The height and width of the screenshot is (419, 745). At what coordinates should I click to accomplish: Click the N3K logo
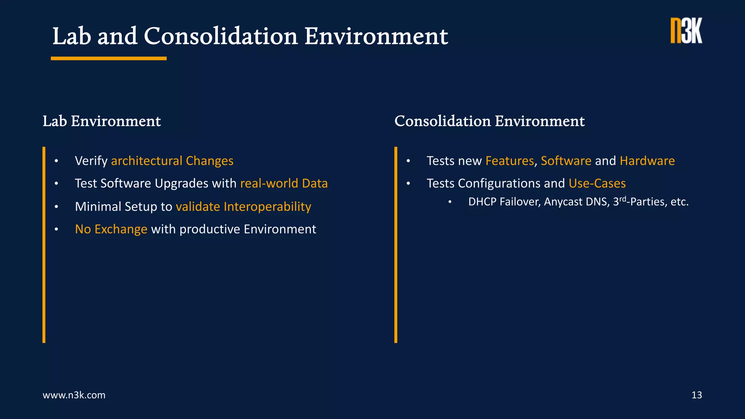coord(686,31)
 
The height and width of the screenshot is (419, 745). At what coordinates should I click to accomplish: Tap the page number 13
coord(696,395)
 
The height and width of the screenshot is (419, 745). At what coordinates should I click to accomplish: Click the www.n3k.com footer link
coord(74,395)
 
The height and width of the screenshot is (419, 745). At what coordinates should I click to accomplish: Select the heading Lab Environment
coord(101,121)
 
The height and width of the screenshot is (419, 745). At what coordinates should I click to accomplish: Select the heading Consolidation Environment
coord(489,121)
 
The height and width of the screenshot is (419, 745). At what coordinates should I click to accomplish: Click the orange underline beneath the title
coord(108,58)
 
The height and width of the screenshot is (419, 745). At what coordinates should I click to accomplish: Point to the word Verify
coord(91,161)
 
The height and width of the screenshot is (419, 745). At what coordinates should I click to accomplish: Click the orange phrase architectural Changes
coord(172,161)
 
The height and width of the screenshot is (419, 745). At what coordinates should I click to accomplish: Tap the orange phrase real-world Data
coord(284,183)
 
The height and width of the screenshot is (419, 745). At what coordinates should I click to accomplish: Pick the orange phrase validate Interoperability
coord(243,207)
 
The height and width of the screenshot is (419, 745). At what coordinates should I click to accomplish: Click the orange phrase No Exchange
coord(111,229)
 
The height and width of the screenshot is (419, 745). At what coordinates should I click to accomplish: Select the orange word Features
coord(509,161)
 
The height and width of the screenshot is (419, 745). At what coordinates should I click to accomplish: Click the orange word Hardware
coord(647,161)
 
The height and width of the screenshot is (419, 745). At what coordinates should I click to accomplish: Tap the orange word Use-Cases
coord(597,183)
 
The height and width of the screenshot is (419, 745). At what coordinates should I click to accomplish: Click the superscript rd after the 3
coord(623,199)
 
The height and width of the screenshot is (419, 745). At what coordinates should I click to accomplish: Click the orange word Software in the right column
coord(566,161)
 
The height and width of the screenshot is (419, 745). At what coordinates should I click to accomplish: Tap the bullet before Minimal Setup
coord(56,207)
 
